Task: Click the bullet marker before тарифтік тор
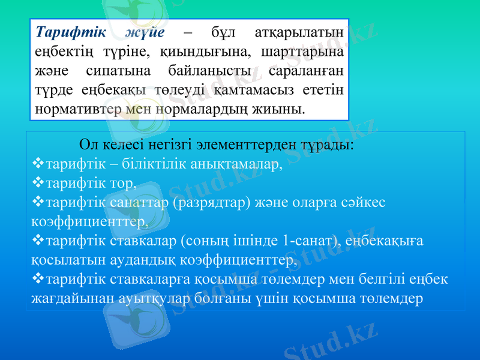[x=38, y=182]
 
